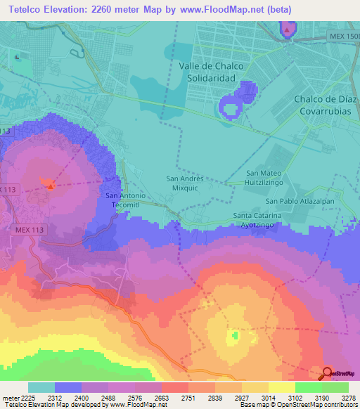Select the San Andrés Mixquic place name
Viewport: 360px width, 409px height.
click(x=184, y=183)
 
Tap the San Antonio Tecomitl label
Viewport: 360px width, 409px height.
click(x=125, y=200)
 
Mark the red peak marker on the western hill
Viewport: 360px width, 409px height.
click(x=50, y=184)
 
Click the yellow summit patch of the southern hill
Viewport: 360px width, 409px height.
click(x=233, y=338)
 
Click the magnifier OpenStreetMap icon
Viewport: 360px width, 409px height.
click(x=328, y=373)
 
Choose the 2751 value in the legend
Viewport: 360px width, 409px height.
click(x=187, y=397)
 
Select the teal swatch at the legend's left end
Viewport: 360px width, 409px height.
click(x=41, y=387)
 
